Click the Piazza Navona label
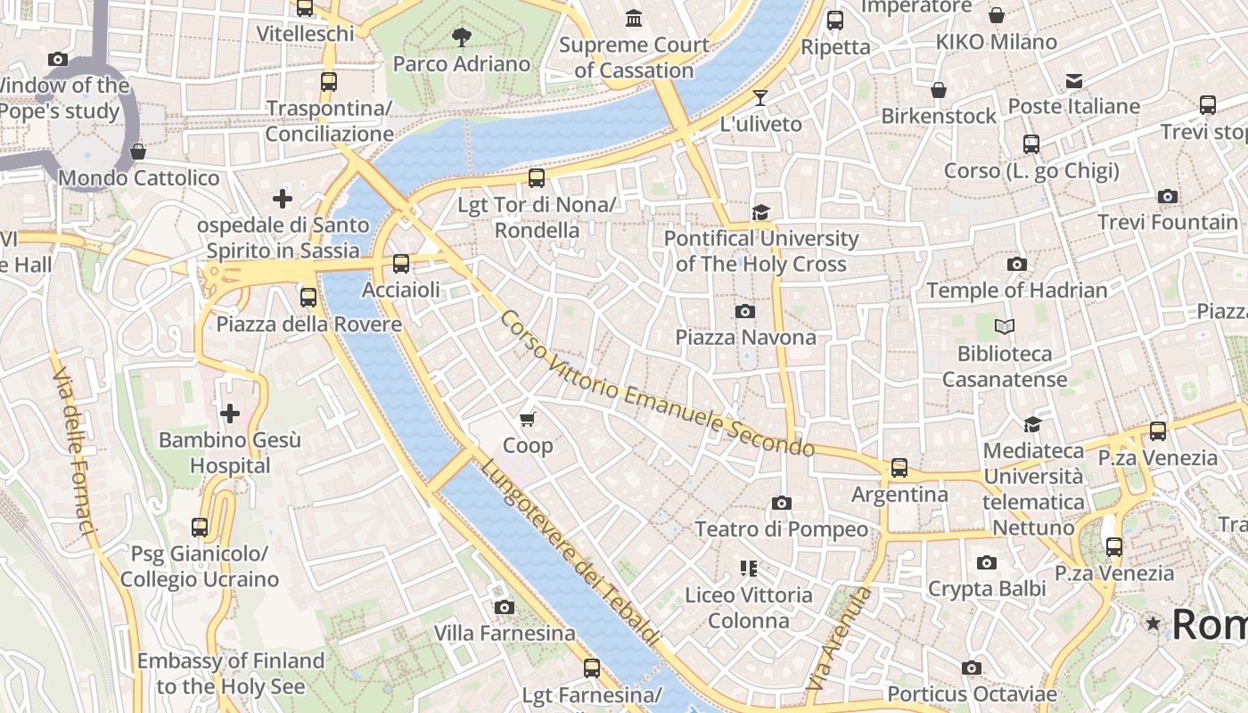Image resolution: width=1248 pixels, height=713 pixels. pyautogui.click(x=745, y=337)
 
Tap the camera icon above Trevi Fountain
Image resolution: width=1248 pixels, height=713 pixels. pyautogui.click(x=1167, y=196)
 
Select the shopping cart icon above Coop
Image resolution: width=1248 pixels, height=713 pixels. pyautogui.click(x=528, y=419)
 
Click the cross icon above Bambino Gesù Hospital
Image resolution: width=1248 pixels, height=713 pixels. pyautogui.click(x=230, y=414)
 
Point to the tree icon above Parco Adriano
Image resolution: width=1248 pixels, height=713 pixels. pyautogui.click(x=462, y=37)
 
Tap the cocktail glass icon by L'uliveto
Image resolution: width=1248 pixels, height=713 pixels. pyautogui.click(x=759, y=98)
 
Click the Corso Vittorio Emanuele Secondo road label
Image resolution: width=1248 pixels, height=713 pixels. pyautogui.click(x=657, y=385)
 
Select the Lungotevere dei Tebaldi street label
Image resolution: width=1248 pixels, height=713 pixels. pyautogui.click(x=571, y=553)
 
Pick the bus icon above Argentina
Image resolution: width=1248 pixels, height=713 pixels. pyautogui.click(x=899, y=468)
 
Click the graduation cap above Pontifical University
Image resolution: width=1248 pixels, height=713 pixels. pyautogui.click(x=760, y=212)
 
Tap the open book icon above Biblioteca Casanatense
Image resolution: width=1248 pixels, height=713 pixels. pyautogui.click(x=1005, y=327)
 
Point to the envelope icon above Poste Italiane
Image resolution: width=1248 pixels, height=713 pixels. pyautogui.click(x=1074, y=81)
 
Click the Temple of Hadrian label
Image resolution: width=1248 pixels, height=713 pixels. pyautogui.click(x=1017, y=291)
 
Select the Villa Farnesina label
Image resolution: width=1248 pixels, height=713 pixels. pyautogui.click(x=505, y=634)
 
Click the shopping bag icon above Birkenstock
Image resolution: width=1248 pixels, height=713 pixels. pyautogui.click(x=939, y=90)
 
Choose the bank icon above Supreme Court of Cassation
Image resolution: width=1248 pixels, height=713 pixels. pyautogui.click(x=634, y=18)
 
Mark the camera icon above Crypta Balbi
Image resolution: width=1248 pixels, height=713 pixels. pyautogui.click(x=986, y=562)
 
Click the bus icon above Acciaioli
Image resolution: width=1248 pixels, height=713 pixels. pyautogui.click(x=401, y=264)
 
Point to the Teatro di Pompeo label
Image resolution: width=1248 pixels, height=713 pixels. pyautogui.click(x=781, y=529)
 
